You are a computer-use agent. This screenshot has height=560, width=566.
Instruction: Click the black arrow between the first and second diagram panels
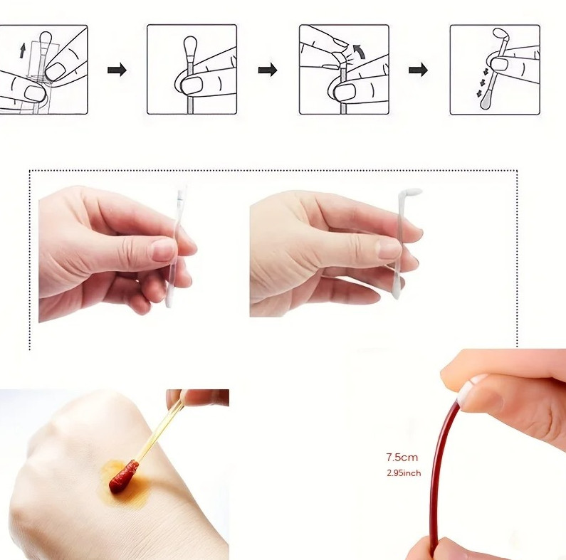click(x=117, y=70)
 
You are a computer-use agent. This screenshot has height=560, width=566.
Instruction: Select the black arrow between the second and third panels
click(x=268, y=70)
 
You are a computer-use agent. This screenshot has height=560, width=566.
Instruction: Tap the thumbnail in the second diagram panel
click(x=192, y=85)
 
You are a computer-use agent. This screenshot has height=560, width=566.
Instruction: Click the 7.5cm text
click(x=402, y=458)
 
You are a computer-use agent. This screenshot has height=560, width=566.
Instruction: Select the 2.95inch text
click(x=403, y=473)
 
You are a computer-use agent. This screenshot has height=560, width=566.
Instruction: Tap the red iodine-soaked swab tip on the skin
click(x=123, y=476)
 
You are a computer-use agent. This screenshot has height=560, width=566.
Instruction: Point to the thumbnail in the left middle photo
click(x=164, y=248)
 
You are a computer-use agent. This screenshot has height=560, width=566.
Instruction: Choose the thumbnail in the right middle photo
click(x=389, y=248)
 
